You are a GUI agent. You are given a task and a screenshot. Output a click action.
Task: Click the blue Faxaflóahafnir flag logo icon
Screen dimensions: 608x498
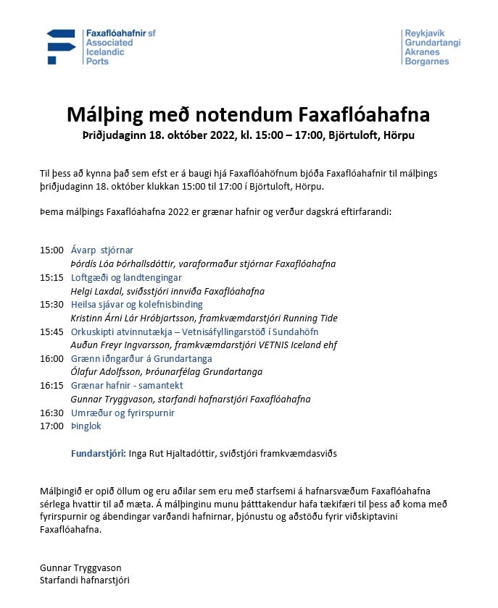[x=60, y=46]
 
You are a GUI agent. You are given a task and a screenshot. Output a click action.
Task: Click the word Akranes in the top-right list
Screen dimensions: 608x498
[x=422, y=52]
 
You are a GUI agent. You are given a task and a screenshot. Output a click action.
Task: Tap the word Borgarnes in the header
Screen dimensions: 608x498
[x=427, y=62]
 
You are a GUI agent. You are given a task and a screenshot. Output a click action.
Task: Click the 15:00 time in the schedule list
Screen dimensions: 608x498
[x=51, y=250]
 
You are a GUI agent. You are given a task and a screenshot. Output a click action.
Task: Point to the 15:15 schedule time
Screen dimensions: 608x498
[x=51, y=278]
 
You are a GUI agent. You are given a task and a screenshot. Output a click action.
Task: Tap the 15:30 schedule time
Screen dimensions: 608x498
[x=51, y=305]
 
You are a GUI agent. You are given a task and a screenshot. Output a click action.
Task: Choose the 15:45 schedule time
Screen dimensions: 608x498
[x=51, y=332]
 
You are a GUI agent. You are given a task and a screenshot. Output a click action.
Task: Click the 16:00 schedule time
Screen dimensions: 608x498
[x=51, y=359]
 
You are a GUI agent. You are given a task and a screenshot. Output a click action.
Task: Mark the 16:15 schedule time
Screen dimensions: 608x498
[x=51, y=386]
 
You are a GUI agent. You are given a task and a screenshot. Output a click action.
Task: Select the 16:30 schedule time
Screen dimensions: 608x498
[x=51, y=413]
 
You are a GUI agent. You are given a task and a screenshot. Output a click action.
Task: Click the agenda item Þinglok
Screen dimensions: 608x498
[x=86, y=426]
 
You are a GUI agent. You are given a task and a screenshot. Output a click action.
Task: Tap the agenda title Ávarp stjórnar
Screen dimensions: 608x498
[x=102, y=250]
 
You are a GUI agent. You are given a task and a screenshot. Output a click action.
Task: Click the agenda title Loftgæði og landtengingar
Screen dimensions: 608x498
[x=126, y=278]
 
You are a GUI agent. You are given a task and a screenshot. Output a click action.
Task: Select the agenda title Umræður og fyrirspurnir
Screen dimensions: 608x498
[x=123, y=413]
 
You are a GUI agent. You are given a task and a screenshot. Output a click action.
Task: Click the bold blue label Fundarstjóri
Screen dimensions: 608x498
[x=98, y=454]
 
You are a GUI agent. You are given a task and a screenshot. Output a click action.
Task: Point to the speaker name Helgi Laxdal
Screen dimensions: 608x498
[x=97, y=291]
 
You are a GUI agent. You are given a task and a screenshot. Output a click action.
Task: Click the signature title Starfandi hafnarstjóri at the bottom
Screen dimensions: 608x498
[x=85, y=580]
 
